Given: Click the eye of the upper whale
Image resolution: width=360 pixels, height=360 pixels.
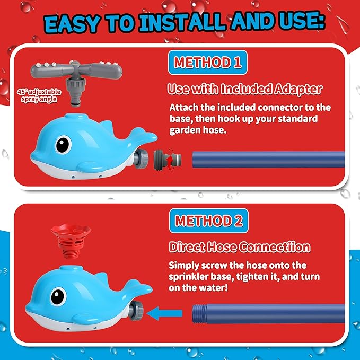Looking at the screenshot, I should [63, 144].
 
